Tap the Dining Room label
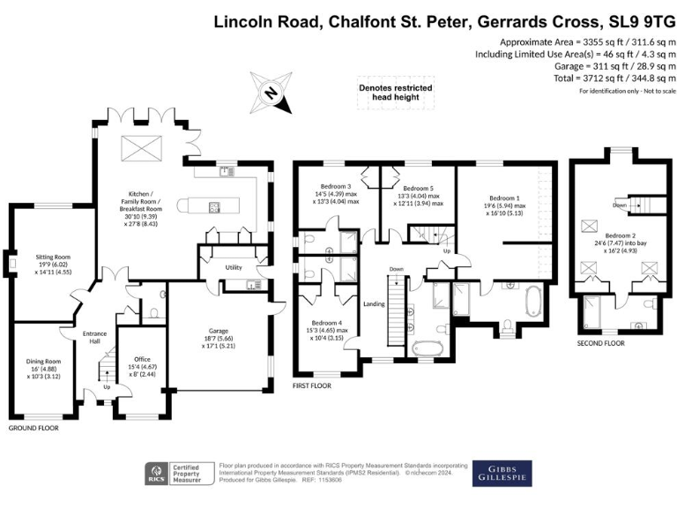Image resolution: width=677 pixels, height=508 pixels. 41,361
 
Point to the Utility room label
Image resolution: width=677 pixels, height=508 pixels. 233,266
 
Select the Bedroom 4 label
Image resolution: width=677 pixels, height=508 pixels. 325,322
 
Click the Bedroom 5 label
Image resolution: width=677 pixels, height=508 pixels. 419,189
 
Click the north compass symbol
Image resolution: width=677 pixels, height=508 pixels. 272,93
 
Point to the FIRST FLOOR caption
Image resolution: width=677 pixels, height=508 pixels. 312,385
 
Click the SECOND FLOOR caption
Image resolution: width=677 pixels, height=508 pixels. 601,342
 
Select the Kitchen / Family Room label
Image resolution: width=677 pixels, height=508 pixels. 141,199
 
